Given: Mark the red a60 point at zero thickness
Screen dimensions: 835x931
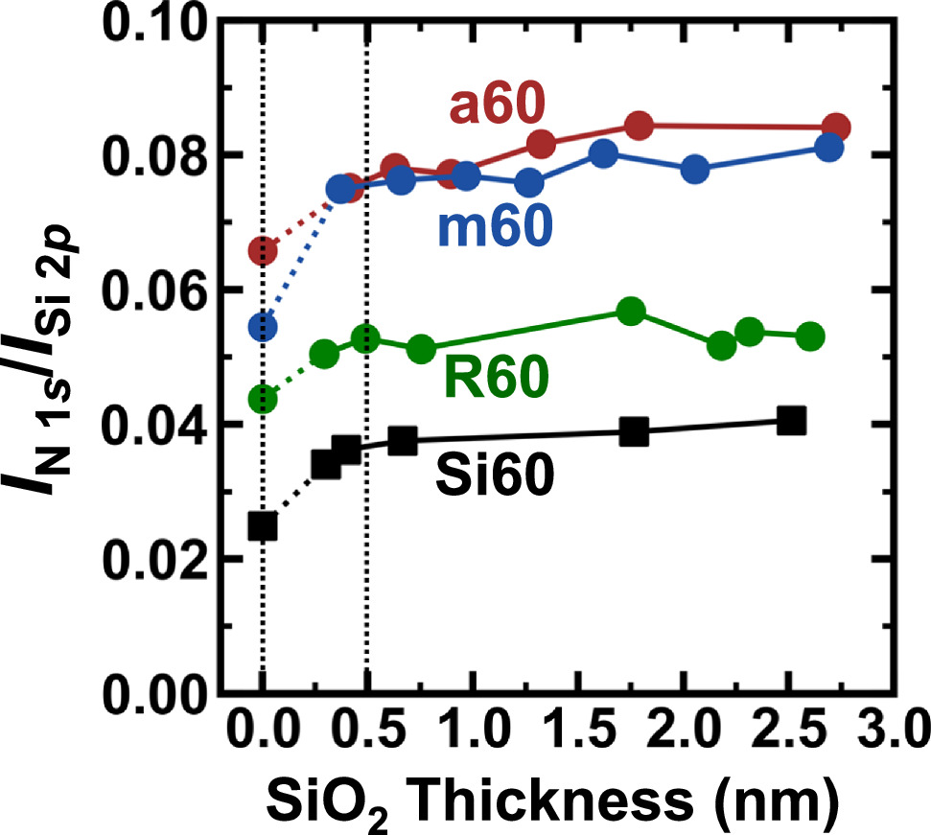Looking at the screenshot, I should tap(263, 251).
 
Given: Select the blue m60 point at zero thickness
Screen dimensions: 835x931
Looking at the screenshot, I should tap(263, 328).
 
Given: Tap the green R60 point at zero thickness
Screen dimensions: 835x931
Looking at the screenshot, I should tap(263, 399).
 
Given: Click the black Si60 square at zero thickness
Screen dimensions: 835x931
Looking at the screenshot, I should tap(263, 525).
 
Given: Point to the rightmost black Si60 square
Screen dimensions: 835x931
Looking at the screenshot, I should tap(791, 420).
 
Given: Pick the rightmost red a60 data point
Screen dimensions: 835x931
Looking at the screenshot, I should tap(836, 127).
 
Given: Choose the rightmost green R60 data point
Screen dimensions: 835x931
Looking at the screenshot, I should tap(810, 336).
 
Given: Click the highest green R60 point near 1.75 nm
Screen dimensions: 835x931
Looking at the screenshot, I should tap(630, 311).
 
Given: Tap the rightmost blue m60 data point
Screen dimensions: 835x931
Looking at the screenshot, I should tap(829, 147).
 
